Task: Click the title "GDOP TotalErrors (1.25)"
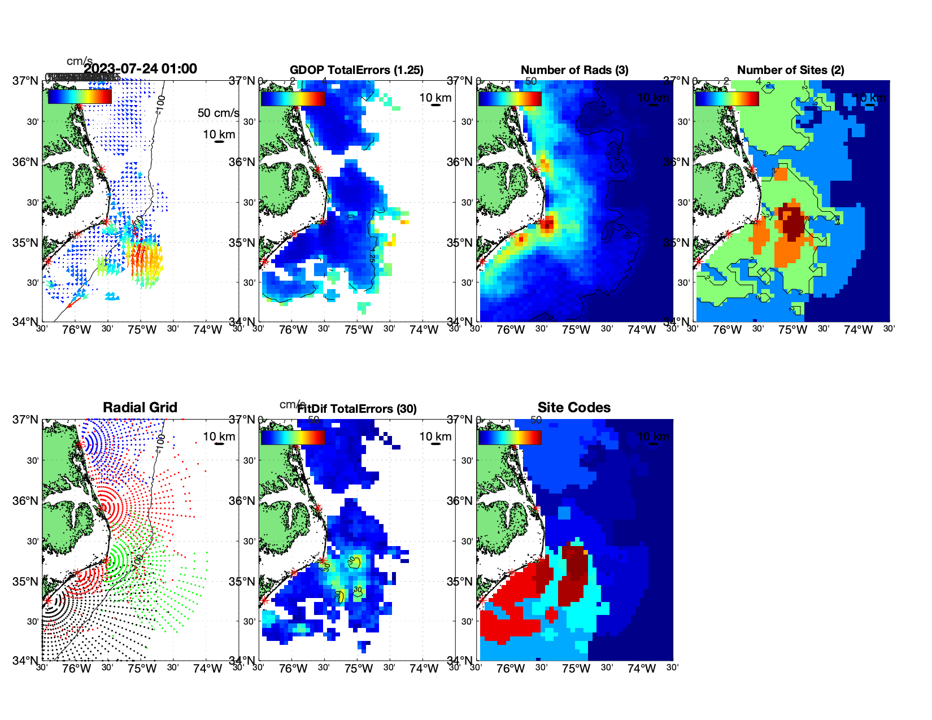pyautogui.click(x=356, y=70)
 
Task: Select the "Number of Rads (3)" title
pyautogui.click(x=574, y=70)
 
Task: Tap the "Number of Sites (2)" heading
pyautogui.click(x=790, y=70)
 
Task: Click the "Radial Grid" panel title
pyautogui.click(x=140, y=407)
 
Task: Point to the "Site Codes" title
pyautogui.click(x=574, y=407)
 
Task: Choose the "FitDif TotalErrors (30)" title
pyautogui.click(x=357, y=409)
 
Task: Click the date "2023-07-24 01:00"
pyautogui.click(x=141, y=69)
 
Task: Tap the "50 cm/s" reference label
pyautogui.click(x=218, y=113)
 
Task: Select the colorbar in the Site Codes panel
pyautogui.click(x=509, y=437)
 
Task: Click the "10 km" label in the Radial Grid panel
pyautogui.click(x=219, y=437)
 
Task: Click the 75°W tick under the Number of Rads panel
pyautogui.click(x=576, y=330)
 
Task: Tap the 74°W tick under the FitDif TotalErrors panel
pyautogui.click(x=424, y=669)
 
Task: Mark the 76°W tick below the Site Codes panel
pyautogui.click(x=510, y=669)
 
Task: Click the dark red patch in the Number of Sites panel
pyautogui.click(x=793, y=222)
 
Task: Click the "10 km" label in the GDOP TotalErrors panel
pyautogui.click(x=435, y=98)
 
